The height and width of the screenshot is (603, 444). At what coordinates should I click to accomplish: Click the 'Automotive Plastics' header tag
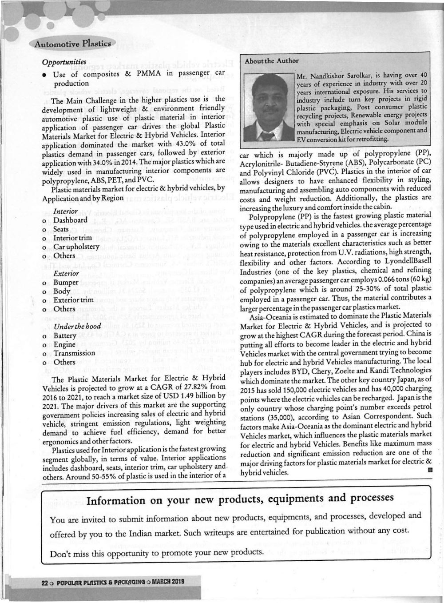pos(72,44)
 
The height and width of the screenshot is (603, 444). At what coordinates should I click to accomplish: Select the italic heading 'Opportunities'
pos(64,62)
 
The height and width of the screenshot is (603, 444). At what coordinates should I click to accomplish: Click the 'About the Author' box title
pos(272,61)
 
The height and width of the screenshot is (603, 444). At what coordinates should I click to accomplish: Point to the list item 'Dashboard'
pos(71,220)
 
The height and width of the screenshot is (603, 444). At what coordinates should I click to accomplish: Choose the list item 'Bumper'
pos(66,283)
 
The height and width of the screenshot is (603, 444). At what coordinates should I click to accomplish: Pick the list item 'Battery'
pos(65,335)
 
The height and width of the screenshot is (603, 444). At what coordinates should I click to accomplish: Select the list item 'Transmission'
pos(74,353)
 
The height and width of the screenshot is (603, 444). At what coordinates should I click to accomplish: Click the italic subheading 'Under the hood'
pos(71,327)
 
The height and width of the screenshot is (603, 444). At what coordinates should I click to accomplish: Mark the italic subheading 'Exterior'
pos(66,273)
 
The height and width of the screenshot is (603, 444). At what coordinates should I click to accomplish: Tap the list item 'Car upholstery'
pos(76,247)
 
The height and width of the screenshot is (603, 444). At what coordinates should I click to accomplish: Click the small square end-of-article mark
pos(429,470)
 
